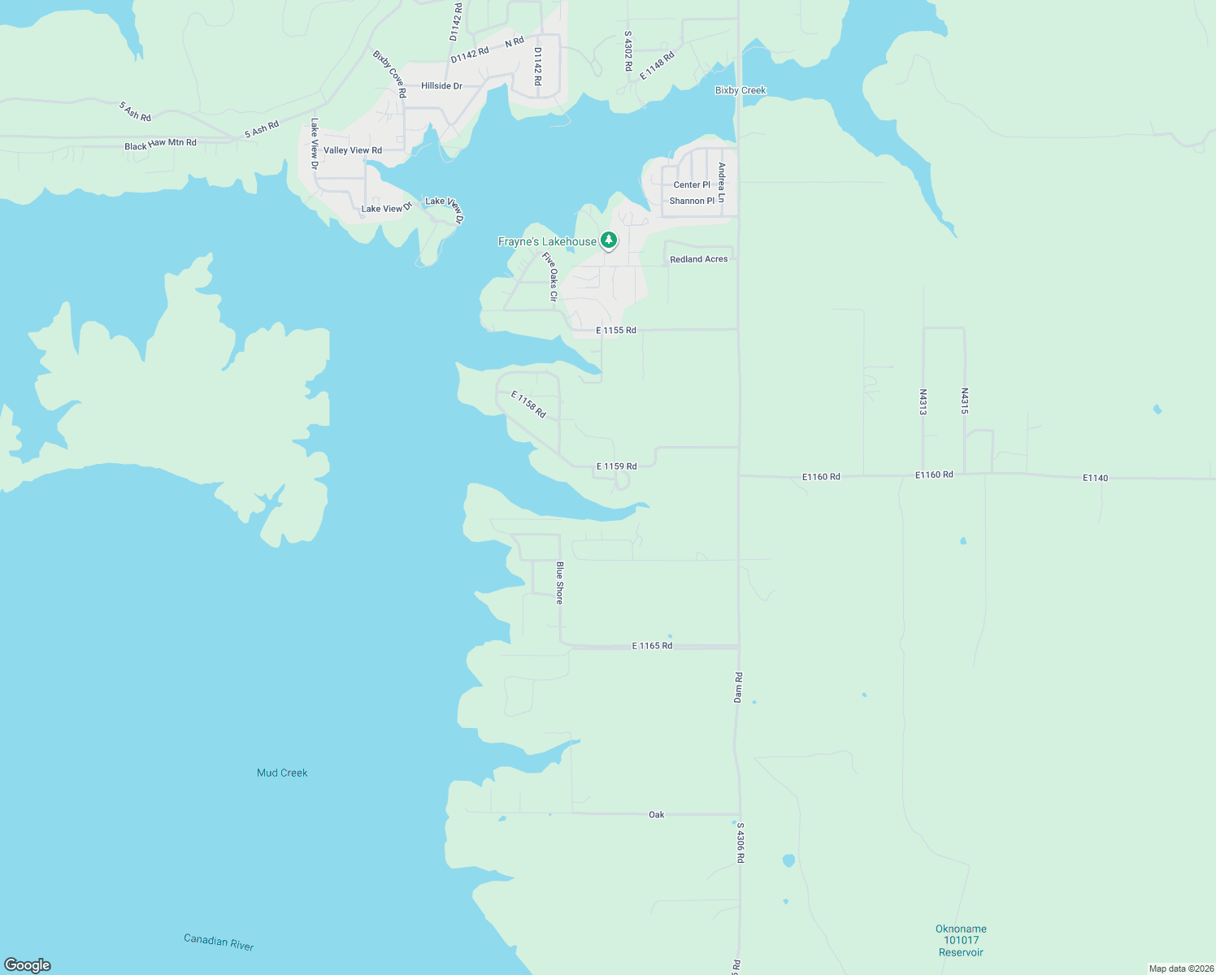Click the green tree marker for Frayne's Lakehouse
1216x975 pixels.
click(608, 240)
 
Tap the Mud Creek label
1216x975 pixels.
click(282, 773)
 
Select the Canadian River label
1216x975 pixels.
click(219, 942)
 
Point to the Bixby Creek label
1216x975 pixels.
click(740, 90)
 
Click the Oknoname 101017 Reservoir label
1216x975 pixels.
click(961, 940)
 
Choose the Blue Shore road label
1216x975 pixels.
click(559, 582)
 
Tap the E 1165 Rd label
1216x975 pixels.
click(652, 646)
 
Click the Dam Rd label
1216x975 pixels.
click(738, 687)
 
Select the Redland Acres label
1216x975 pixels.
click(698, 259)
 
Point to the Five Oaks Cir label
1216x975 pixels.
click(550, 277)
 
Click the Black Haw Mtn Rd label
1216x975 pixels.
click(160, 145)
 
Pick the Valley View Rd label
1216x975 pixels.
click(353, 150)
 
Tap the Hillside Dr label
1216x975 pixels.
click(441, 86)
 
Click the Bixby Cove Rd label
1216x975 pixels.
click(389, 74)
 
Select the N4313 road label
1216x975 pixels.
click(923, 401)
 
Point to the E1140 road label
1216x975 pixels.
click(1095, 478)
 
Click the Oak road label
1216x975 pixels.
click(656, 814)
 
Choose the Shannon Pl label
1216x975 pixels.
click(692, 201)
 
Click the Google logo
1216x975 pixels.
click(28, 965)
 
